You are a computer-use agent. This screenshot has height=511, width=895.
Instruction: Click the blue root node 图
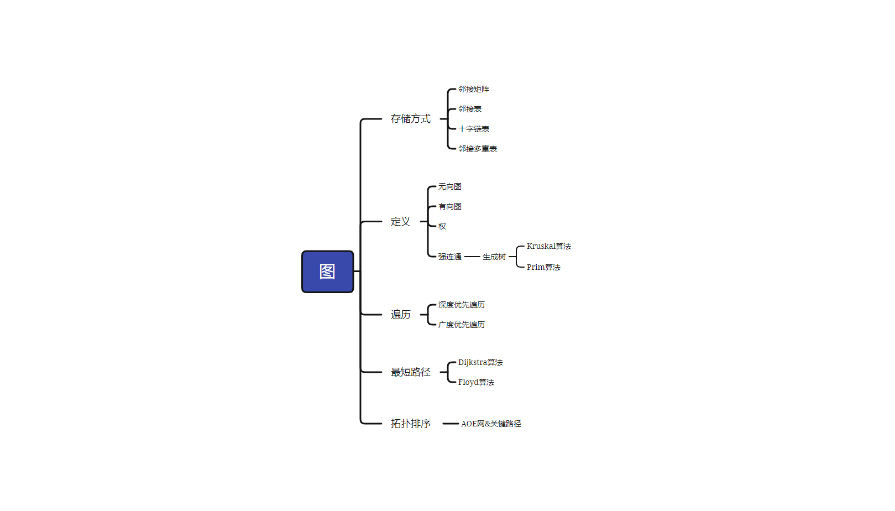(327, 272)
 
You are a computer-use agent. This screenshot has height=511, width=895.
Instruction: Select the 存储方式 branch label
(410, 119)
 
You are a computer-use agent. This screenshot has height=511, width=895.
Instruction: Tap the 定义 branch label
(400, 222)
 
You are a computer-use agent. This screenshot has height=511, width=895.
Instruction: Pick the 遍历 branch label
(400, 315)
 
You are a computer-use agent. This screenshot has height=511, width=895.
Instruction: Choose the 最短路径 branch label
(410, 372)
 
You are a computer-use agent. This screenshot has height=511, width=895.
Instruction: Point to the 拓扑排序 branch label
(410, 424)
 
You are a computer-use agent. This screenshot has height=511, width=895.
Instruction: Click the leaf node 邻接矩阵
(473, 89)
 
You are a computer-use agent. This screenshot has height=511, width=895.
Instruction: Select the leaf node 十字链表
(473, 129)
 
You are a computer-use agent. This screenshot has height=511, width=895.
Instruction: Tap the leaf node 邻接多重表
(477, 149)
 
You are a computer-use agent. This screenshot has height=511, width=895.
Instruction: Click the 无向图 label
(449, 186)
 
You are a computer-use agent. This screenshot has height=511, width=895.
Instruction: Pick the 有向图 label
(449, 206)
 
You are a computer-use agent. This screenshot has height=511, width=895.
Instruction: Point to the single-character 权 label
(442, 226)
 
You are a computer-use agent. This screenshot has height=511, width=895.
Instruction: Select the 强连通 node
(449, 257)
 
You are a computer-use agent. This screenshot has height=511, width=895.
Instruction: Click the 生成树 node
(494, 257)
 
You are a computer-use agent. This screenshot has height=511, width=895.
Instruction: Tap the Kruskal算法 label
(548, 246)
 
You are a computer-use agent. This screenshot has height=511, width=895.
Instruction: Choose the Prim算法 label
(543, 267)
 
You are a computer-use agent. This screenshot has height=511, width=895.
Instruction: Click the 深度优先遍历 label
(461, 305)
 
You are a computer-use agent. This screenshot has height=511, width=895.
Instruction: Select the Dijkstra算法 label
(480, 362)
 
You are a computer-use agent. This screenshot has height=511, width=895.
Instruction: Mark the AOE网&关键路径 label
(490, 424)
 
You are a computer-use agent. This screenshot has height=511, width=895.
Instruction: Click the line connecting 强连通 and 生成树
(472, 257)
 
